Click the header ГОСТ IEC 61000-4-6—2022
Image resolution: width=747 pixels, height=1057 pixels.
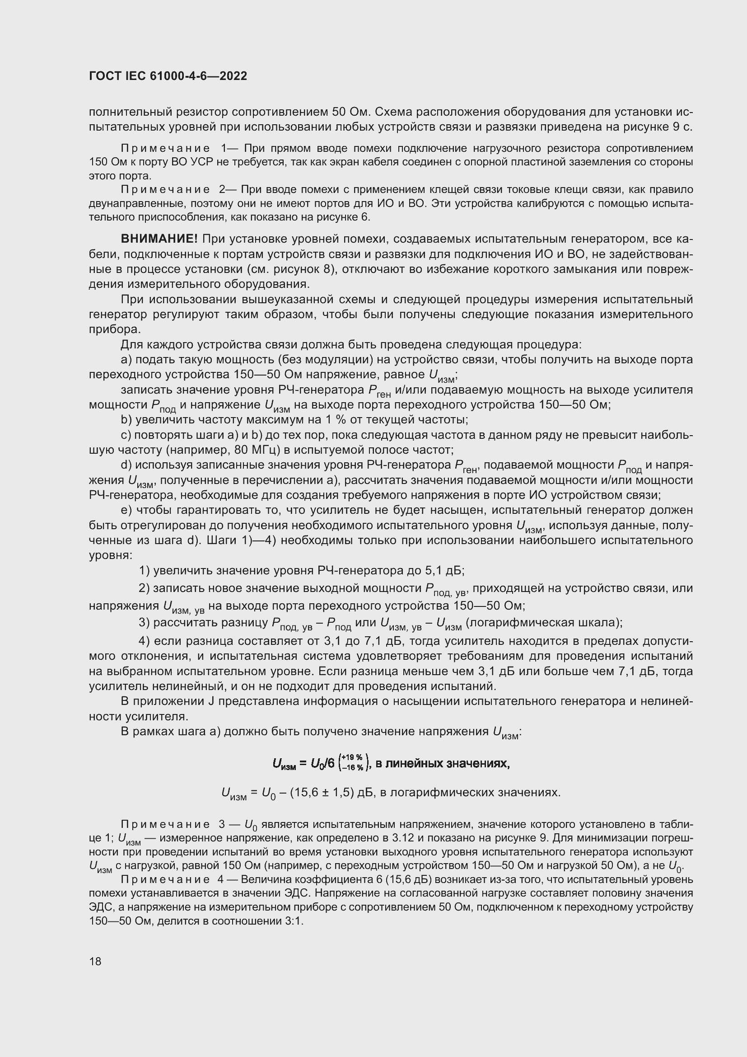coord(168,76)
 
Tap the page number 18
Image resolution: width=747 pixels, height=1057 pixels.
coord(95,961)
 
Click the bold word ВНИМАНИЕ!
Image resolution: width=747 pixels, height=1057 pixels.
coord(159,239)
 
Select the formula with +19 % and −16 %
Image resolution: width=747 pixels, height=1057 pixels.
coord(391,764)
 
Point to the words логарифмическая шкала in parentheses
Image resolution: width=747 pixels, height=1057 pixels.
coord(544,623)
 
